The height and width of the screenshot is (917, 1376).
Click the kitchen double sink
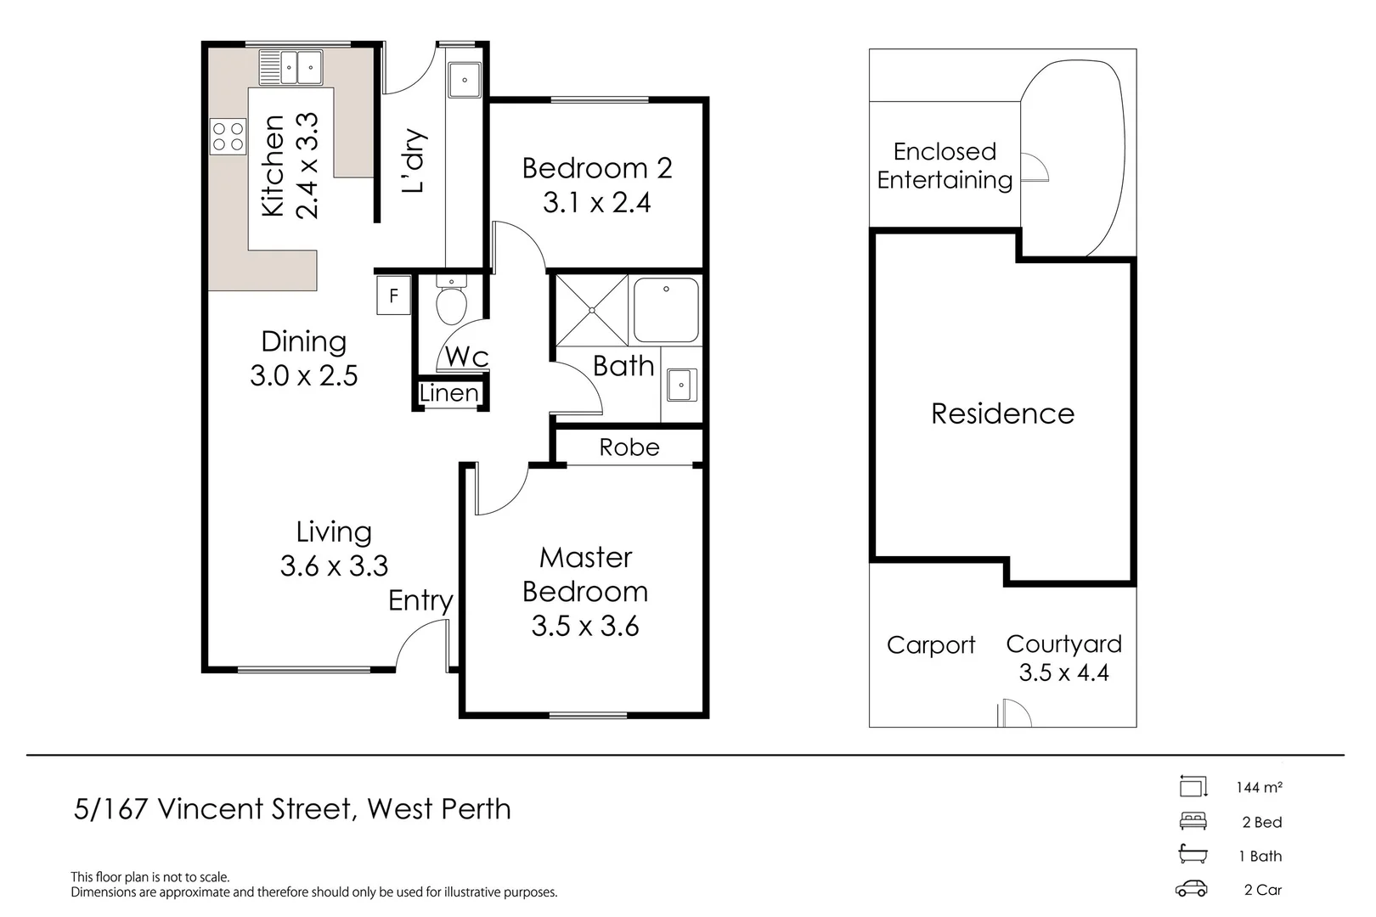click(x=290, y=67)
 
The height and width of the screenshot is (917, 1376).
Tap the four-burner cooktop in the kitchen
click(x=228, y=137)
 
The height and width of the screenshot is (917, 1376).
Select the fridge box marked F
click(x=393, y=295)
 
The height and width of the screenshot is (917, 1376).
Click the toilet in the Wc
click(x=451, y=302)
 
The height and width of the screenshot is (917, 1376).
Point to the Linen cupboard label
click(x=449, y=394)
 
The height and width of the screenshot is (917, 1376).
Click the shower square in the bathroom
click(x=592, y=310)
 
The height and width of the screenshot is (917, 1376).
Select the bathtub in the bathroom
click(x=666, y=310)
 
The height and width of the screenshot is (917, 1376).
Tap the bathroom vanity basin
click(x=681, y=385)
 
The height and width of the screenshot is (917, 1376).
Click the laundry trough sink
click(x=465, y=80)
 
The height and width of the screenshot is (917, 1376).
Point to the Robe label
click(x=629, y=447)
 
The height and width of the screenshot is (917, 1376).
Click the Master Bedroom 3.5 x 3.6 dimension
click(x=584, y=627)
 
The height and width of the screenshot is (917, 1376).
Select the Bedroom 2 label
click(x=596, y=168)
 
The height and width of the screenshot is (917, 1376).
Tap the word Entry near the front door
click(x=420, y=601)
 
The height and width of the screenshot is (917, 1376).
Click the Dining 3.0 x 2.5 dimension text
click(x=304, y=376)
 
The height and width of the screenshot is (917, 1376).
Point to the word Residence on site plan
click(x=1002, y=413)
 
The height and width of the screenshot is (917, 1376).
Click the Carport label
click(x=930, y=645)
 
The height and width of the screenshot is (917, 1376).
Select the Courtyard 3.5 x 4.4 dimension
click(x=1063, y=673)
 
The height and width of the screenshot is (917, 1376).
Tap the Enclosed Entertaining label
click(x=945, y=166)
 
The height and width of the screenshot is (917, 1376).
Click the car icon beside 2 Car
click(x=1191, y=889)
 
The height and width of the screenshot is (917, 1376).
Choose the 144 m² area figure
click(x=1259, y=787)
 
